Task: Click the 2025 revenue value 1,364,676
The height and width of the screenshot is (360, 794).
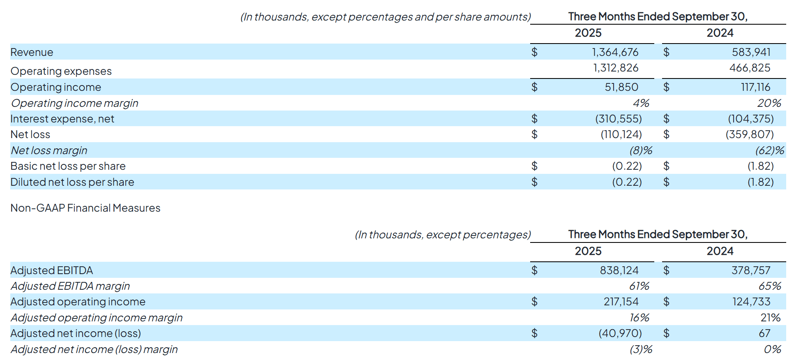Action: pos(615,52)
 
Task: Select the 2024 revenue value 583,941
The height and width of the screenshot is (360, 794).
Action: pos(751,52)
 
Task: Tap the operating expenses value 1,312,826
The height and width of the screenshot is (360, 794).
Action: pos(615,68)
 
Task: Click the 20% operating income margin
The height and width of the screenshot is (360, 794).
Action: pos(769,103)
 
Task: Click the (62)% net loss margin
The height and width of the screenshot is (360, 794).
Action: pos(769,150)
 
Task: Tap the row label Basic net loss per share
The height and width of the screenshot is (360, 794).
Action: pos(68,166)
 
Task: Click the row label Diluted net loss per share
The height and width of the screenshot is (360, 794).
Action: pos(72,182)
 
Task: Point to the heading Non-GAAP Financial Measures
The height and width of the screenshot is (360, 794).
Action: pos(85,208)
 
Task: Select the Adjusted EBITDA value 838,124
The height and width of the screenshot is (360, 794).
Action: pos(619,270)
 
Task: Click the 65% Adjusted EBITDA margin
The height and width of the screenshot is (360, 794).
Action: pos(769,286)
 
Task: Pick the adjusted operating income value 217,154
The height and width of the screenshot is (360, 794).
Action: pos(621,302)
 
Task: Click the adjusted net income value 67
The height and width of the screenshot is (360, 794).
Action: pos(764,333)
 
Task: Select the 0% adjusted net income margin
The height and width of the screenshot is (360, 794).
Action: pos(772,349)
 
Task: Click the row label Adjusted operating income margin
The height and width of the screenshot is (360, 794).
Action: pos(97,318)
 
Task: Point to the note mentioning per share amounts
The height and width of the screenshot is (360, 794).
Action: pos(385,17)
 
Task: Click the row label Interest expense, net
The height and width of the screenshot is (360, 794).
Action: pos(62,119)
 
